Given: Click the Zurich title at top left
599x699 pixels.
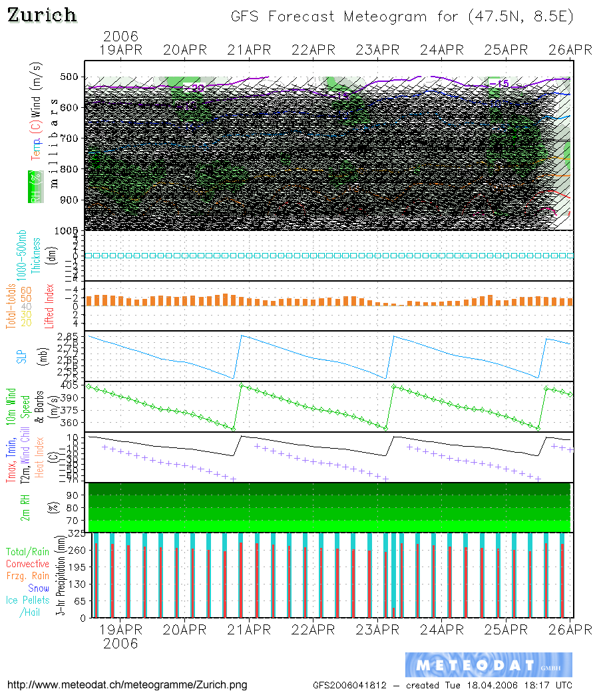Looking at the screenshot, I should [42, 15].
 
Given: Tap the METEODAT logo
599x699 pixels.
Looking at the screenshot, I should [489, 665].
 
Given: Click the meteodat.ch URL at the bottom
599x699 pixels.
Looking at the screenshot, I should [126, 685].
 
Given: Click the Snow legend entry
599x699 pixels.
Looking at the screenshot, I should [39, 588].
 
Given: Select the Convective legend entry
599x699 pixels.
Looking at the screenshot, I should [27, 564].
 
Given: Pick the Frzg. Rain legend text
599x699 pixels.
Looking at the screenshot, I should [28, 576].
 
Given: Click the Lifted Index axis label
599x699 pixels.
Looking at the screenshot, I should [49, 306].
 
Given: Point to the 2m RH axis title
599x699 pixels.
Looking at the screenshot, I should [25, 507].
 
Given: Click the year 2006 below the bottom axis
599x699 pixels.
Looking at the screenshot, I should [120, 643].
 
